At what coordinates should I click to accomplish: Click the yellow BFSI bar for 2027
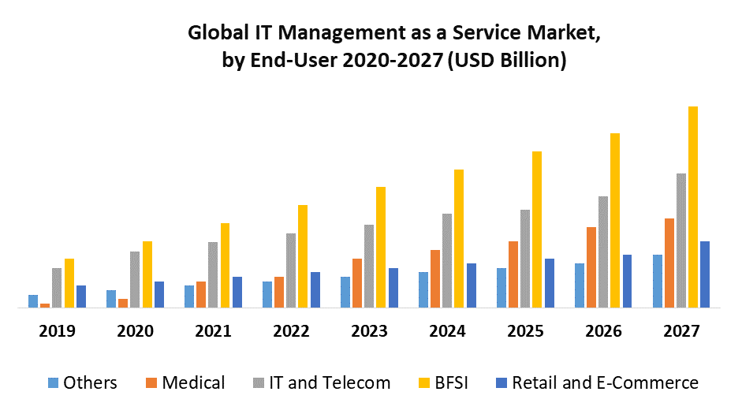(693, 207)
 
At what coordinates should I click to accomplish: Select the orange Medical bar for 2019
(45, 305)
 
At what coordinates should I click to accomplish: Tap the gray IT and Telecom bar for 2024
(447, 260)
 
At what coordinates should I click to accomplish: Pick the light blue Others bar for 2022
(267, 294)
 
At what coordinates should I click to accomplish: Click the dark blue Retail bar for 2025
(550, 283)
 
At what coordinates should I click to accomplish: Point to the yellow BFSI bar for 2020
(147, 274)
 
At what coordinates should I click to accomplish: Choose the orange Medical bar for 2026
(591, 267)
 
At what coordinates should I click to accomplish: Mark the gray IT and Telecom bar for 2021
(213, 274)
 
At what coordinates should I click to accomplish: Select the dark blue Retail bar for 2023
(393, 288)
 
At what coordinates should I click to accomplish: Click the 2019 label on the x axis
(57, 332)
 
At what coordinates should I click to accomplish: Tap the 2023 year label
(369, 332)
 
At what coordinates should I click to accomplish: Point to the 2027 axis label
(681, 332)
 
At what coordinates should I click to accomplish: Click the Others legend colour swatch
(54, 383)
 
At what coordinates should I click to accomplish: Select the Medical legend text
(193, 383)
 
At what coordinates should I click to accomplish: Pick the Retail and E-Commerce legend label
(605, 383)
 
